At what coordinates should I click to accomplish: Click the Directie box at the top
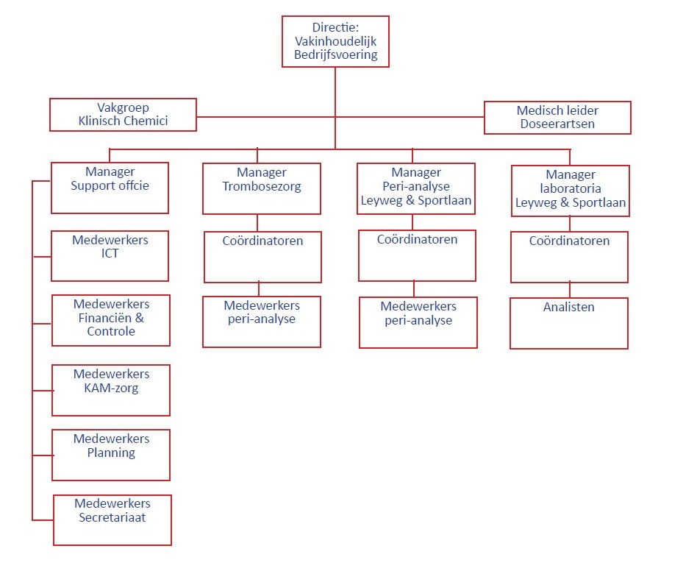tap(335, 41)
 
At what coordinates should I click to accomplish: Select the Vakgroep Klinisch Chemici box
tap(123, 115)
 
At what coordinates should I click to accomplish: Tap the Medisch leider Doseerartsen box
tap(557, 118)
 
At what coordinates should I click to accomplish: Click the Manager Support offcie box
tap(110, 188)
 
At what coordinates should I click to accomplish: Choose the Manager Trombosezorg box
tap(262, 188)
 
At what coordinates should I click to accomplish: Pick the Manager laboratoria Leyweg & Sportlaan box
tap(571, 191)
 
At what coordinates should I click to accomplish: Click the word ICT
tap(110, 254)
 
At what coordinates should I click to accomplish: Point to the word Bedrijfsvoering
tap(336, 55)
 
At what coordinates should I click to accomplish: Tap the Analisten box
tap(569, 323)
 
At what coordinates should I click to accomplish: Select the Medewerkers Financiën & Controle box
tap(111, 320)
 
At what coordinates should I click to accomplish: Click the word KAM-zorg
tap(111, 388)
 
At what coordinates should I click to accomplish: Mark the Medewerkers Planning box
tap(111, 455)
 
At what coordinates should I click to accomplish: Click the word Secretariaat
tap(112, 517)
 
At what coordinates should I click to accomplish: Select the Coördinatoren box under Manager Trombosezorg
tap(262, 256)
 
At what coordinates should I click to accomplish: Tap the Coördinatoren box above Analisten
tap(569, 256)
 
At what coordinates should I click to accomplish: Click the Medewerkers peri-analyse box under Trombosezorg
tap(262, 322)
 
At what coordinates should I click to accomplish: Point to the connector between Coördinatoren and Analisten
tap(569, 290)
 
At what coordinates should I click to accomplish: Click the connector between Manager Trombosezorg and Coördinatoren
tap(257, 222)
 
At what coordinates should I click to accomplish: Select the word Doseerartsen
tap(557, 124)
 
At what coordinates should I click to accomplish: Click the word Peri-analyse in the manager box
tap(416, 187)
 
